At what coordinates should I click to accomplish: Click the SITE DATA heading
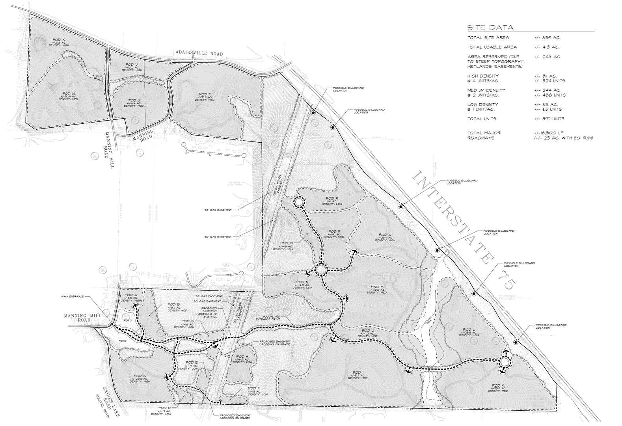click(490, 28)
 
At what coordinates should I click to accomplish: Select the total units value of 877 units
click(549, 119)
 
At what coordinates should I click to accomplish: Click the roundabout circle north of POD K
click(504, 362)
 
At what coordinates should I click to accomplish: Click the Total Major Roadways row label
click(484, 135)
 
